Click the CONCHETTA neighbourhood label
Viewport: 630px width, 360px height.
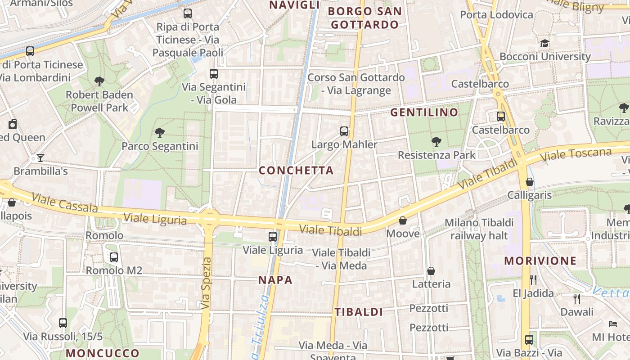pos(296,171)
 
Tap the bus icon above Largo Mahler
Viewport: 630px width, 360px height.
pos(344,131)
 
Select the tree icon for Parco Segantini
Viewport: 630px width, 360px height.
pos(159,132)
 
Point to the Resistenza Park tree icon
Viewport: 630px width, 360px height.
pos(436,142)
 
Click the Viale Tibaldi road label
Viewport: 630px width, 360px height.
pos(331,230)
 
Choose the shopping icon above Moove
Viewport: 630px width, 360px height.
pos(403,220)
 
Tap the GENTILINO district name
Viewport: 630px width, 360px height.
pos(424,112)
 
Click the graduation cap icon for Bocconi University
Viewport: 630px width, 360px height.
pos(545,43)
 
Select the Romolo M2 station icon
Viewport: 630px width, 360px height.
pos(114,257)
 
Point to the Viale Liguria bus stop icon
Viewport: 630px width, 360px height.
pos(273,236)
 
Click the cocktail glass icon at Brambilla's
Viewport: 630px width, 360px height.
pos(40,158)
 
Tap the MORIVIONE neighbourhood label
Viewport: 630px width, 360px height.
pos(540,261)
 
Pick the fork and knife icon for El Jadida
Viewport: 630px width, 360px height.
pos(533,280)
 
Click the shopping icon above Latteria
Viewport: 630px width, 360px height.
pos(431,270)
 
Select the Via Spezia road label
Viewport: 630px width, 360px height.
pos(206,283)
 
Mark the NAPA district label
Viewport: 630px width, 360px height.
pos(275,280)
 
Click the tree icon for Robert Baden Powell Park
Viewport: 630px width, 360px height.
pos(99,81)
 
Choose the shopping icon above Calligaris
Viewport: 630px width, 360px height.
pos(530,182)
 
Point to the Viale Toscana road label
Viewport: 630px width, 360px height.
pos(576,155)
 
